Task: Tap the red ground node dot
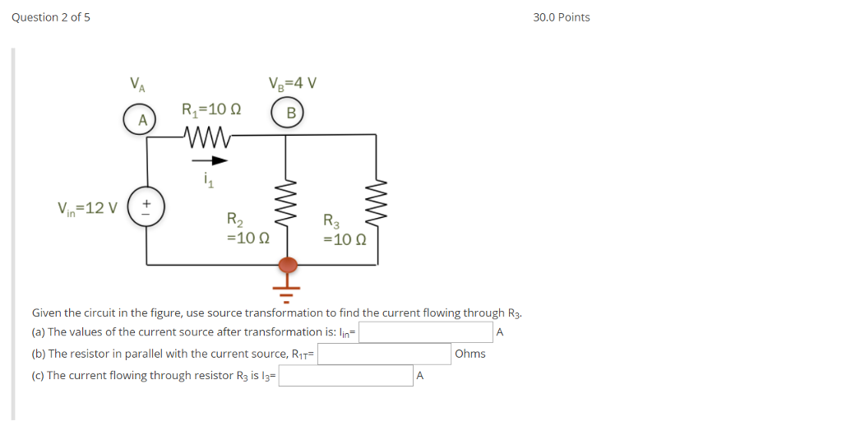[288, 265]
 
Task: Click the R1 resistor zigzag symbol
[210, 136]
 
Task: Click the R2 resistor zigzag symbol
[287, 205]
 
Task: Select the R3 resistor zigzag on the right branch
[377, 205]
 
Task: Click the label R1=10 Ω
[211, 109]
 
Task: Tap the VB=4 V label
[292, 83]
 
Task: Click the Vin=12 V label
[87, 207]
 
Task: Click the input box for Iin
[425, 332]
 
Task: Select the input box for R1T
[384, 354]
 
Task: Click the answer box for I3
[345, 376]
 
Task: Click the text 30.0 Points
[561, 17]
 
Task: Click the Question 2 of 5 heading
[51, 17]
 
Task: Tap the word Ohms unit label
[470, 354]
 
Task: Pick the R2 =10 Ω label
[247, 229]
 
